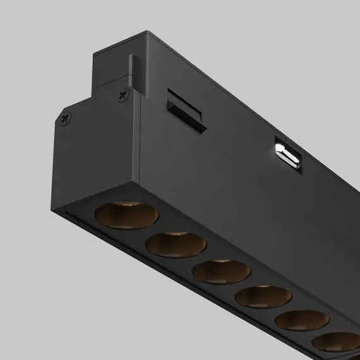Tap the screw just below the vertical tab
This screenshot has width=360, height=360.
tap(121, 95)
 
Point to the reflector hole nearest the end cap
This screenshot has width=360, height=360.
tap(118, 214)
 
